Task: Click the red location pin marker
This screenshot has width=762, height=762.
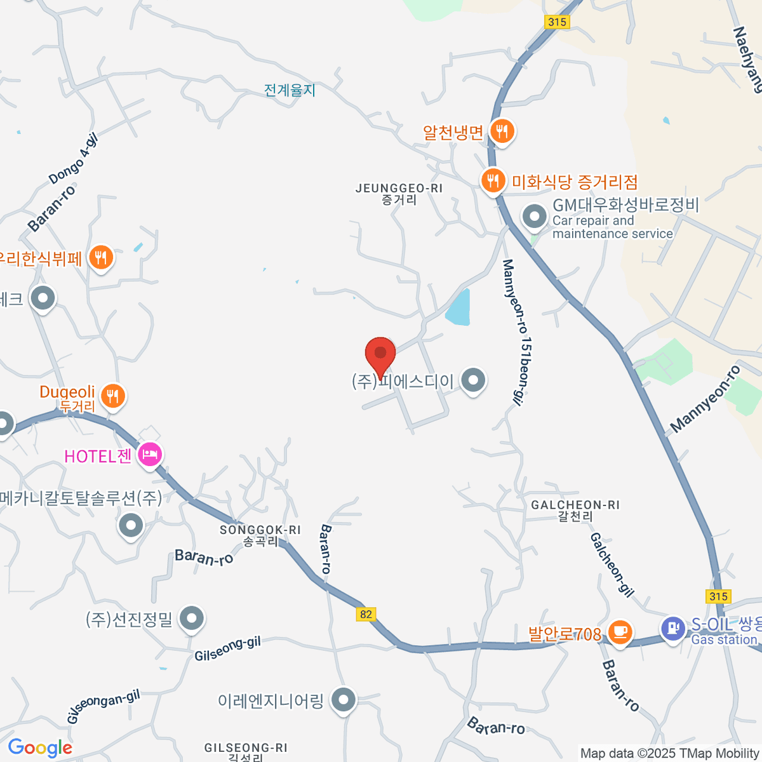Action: [380, 355]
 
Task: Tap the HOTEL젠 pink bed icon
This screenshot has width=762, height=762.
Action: [150, 455]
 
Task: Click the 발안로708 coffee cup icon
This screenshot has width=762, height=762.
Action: [619, 632]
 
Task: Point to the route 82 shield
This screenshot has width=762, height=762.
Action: [366, 614]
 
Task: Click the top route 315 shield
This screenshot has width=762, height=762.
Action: [557, 22]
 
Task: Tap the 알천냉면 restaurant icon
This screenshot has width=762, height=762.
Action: [502, 131]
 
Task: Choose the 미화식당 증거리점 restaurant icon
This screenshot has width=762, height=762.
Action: [493, 181]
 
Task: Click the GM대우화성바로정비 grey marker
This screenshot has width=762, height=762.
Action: [534, 217]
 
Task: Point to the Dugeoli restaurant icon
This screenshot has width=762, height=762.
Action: [113, 396]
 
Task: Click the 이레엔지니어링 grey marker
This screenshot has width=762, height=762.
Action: [344, 700]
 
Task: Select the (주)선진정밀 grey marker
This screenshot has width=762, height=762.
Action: [191, 617]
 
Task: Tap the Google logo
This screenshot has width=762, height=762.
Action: [40, 748]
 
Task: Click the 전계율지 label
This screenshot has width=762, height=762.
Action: [290, 90]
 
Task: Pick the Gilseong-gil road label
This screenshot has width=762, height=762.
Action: [227, 648]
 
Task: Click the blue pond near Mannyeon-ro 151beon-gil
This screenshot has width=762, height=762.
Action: [458, 308]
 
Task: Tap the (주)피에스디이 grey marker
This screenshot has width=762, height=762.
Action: [472, 381]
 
